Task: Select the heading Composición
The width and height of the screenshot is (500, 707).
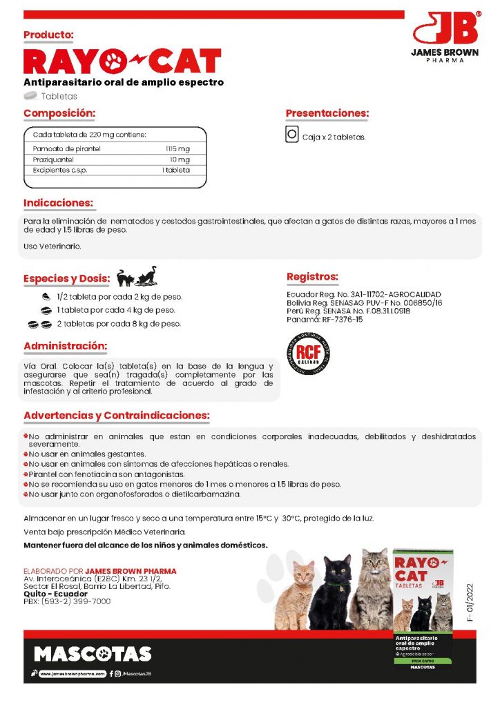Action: coord(59,113)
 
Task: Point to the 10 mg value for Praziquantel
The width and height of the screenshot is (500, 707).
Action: coord(179,159)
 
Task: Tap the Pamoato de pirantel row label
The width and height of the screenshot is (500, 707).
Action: coord(67,148)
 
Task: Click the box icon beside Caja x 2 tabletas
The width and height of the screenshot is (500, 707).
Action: coord(291,135)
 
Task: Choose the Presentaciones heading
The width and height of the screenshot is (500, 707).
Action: coord(327,113)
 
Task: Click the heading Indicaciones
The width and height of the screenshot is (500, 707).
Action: coord(58,203)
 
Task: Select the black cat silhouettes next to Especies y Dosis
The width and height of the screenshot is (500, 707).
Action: coord(136,277)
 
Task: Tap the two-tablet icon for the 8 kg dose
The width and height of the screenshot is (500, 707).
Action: coord(40,324)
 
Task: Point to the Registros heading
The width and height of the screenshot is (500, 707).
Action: coord(312,277)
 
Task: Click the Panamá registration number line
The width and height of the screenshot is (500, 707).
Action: coord(324,319)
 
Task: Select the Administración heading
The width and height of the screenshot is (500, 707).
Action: coord(65,345)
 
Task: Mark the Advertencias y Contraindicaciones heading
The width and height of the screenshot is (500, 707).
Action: coord(116,416)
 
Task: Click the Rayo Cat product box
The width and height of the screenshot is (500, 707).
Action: coord(422,608)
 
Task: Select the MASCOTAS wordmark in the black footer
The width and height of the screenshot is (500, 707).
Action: coord(93,654)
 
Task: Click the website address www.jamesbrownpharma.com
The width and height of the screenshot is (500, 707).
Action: coord(73,673)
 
